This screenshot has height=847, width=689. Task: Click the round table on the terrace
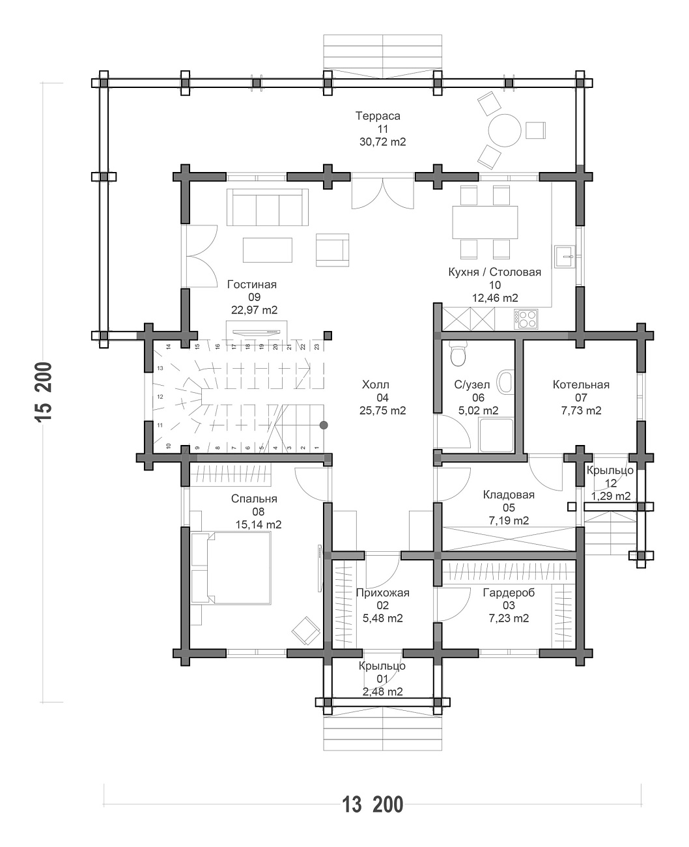coord(504,130)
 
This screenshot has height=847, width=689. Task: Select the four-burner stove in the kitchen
coord(526,319)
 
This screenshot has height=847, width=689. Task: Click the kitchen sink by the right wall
coord(564,257)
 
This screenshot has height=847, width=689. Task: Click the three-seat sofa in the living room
coord(268,208)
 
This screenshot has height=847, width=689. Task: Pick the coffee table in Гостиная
coord(268,250)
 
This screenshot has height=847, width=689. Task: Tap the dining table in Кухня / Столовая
coord(485,222)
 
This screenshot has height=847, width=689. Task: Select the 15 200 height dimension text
coord(44,392)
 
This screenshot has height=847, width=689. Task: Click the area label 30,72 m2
coord(383,142)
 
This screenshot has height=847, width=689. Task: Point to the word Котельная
coord(581,384)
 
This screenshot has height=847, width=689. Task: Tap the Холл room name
coord(376,384)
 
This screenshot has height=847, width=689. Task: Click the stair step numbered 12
coord(160,396)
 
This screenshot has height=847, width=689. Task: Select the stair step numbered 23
coord(316,347)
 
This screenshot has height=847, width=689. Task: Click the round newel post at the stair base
coord(324,425)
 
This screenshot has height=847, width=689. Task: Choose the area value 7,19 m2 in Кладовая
coord(509,521)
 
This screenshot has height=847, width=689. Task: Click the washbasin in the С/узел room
coord(505,382)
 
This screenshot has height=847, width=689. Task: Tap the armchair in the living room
coord(332,250)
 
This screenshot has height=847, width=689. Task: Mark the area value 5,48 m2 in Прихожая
coord(383,618)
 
